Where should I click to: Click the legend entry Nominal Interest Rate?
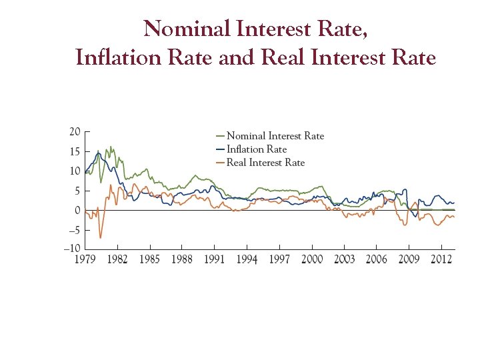click(x=275, y=136)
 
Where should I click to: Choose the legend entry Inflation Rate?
click(x=256, y=149)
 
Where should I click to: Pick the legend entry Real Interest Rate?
click(x=265, y=163)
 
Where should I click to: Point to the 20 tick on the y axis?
click(x=75, y=131)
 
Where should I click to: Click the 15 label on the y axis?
click(x=75, y=151)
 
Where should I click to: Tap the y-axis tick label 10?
click(x=75, y=171)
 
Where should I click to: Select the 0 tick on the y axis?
click(x=77, y=211)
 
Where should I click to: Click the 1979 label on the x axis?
click(x=85, y=259)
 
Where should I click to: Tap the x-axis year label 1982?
click(x=117, y=259)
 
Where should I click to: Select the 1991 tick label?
click(x=214, y=259)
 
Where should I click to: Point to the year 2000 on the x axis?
click(x=311, y=259)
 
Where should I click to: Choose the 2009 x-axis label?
click(x=409, y=259)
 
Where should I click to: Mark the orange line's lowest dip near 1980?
click(x=101, y=237)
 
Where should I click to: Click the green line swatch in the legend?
click(x=220, y=136)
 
